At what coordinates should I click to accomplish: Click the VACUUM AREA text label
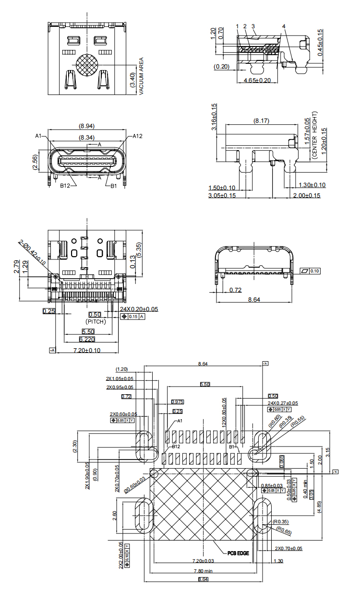(141, 76)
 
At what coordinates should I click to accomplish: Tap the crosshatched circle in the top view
(87, 65)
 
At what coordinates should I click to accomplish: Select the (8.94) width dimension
(86, 126)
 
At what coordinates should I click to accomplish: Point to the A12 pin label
(138, 136)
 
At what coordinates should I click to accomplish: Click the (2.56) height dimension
(35, 163)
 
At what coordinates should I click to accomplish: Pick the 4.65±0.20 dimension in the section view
(257, 80)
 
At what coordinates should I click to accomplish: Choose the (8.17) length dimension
(262, 121)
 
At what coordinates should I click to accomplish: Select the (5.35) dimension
(139, 249)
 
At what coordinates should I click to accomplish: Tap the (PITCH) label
(96, 321)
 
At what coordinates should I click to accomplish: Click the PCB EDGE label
(238, 553)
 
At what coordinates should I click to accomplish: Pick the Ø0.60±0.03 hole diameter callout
(134, 484)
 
